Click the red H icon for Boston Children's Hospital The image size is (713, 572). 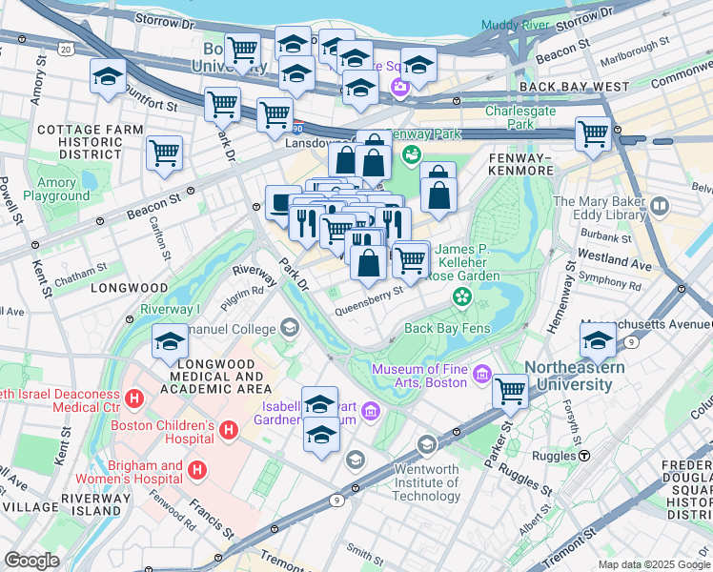click(228, 431)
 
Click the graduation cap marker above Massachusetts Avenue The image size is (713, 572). click(598, 339)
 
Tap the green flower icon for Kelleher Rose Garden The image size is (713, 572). click(462, 296)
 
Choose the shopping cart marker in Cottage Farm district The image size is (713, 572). click(165, 152)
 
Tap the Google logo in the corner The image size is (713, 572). click(31, 561)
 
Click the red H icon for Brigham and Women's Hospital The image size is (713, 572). click(197, 469)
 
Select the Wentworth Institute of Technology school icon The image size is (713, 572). click(426, 444)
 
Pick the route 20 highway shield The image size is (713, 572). click(65, 47)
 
